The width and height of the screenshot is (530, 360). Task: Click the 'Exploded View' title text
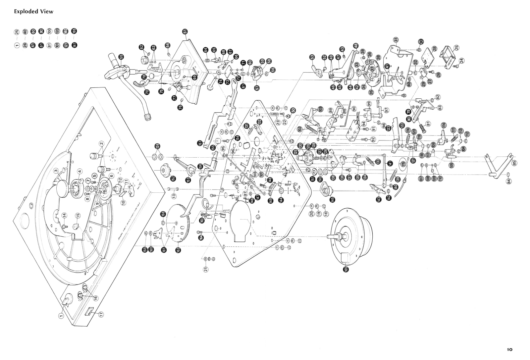coord(33,12)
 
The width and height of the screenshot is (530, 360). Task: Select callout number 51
coord(185,31)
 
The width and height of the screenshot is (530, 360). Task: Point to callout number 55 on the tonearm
coord(121,57)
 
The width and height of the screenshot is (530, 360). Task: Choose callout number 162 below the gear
coord(179,250)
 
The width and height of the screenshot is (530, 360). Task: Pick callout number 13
coord(174,196)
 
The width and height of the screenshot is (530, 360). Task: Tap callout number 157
coord(200,143)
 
